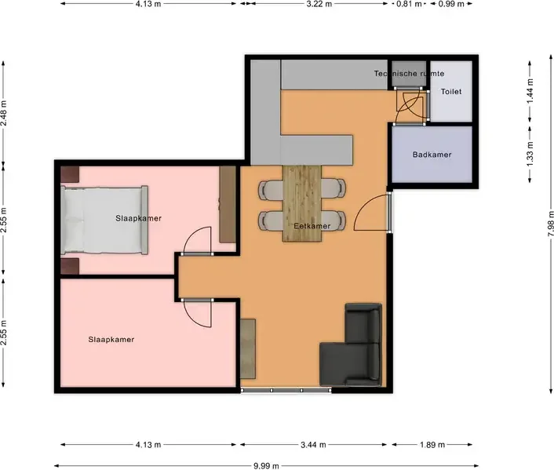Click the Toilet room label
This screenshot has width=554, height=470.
[x=451, y=92]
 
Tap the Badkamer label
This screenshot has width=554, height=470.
[x=432, y=155]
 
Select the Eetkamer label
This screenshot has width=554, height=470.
[x=312, y=226]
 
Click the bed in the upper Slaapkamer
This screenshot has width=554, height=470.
[x=104, y=220]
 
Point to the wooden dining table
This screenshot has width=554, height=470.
[x=302, y=203]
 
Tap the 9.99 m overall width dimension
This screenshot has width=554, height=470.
[x=266, y=466]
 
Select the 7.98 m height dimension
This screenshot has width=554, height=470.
[x=550, y=224]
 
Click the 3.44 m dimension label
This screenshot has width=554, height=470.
[x=313, y=445]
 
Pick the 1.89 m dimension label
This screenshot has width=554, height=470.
[x=432, y=445]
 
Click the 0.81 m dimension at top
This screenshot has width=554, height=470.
[x=409, y=4]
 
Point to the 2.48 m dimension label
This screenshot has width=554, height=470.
[x=4, y=113]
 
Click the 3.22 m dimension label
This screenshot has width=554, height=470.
[x=319, y=4]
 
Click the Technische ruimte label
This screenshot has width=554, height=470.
[x=409, y=74]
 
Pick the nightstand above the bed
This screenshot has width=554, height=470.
[x=70, y=174]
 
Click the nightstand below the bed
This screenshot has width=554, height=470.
[x=70, y=266]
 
